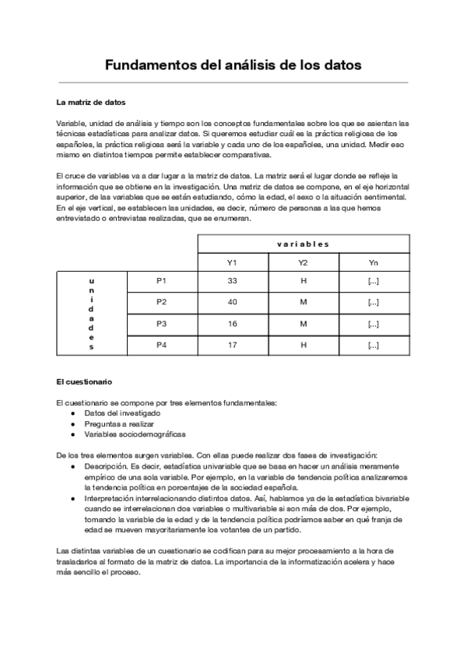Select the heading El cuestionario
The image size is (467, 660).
(x=84, y=382)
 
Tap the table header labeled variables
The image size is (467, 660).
(x=303, y=244)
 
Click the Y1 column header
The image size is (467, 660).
(x=232, y=263)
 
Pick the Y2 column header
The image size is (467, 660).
(x=303, y=263)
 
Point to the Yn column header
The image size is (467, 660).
(x=373, y=263)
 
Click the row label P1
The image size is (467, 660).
(x=162, y=280)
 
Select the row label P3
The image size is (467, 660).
(x=162, y=324)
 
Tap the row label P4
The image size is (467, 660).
(x=162, y=345)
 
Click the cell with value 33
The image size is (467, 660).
(x=232, y=280)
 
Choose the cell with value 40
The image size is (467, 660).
(x=232, y=302)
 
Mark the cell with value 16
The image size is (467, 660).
(x=232, y=324)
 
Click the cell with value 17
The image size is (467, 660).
(x=232, y=345)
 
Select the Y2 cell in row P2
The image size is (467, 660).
(x=303, y=302)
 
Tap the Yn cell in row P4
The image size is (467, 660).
(x=373, y=345)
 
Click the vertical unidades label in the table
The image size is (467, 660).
(x=92, y=313)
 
